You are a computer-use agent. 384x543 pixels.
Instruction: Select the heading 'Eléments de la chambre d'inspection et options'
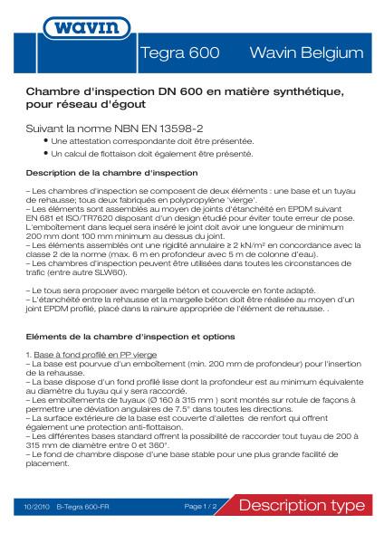pos(119,337)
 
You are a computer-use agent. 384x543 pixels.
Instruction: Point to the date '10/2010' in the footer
pos(38,506)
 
